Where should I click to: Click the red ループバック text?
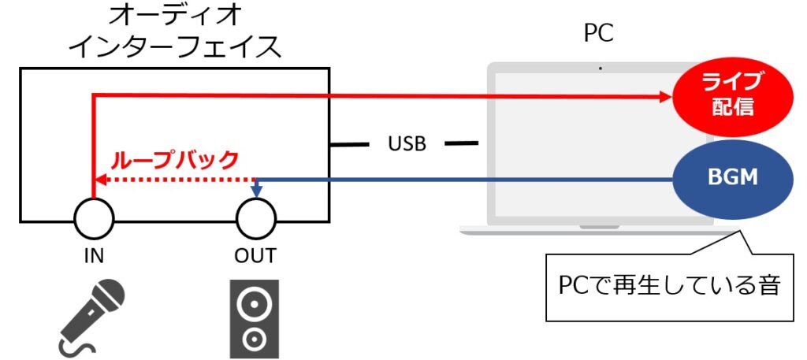coord(175,161)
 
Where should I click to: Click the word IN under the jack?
coord(94,256)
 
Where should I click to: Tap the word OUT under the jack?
coord(255,256)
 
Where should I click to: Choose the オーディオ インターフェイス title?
coord(175,32)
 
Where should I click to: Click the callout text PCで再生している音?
coord(669,284)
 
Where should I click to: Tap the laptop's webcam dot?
coord(601,69)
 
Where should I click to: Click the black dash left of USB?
coord(350,145)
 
